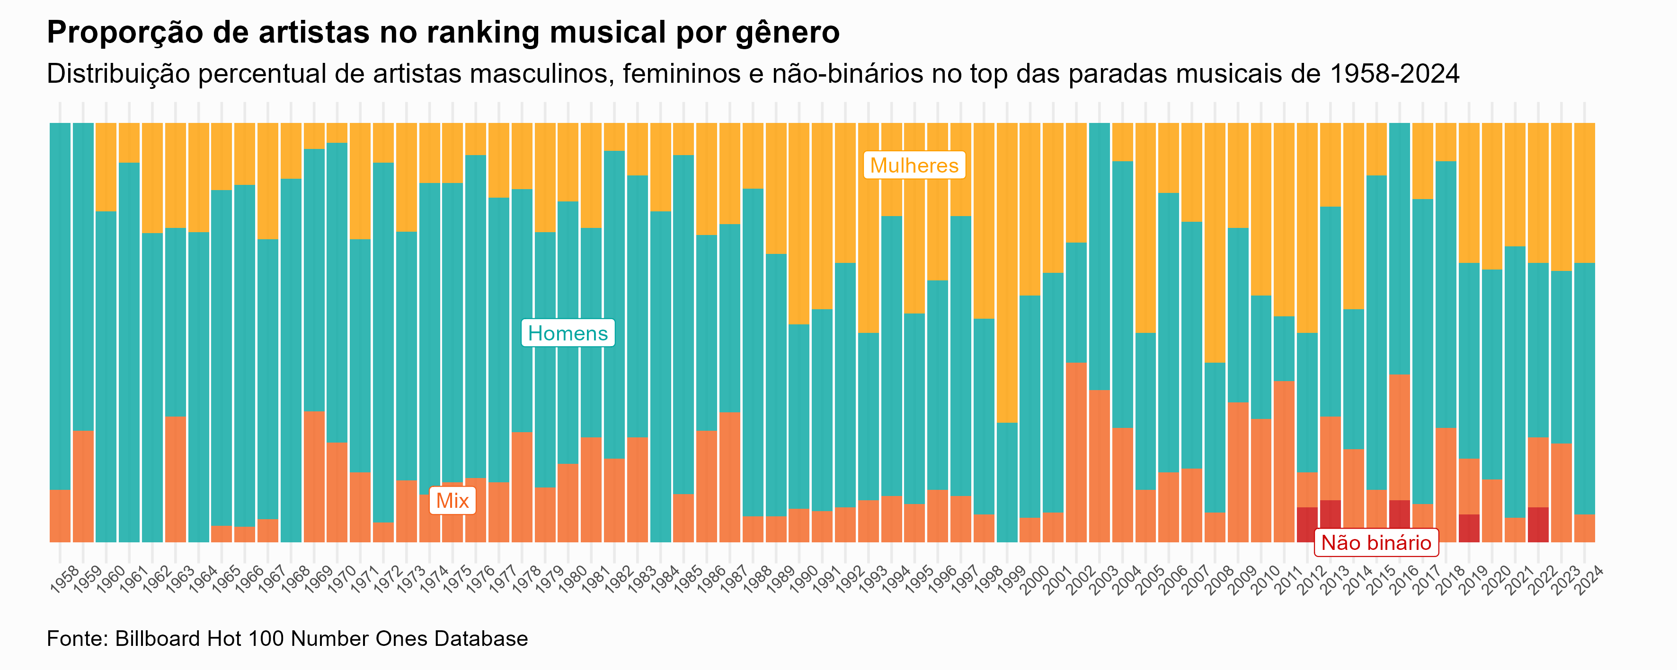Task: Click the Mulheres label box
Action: [914, 165]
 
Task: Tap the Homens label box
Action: [568, 333]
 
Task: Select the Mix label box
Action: [453, 501]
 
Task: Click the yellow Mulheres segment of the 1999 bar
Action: [1007, 273]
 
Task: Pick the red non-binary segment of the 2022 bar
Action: [1538, 524]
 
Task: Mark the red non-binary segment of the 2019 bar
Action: [1469, 528]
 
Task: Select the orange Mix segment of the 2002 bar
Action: [1076, 452]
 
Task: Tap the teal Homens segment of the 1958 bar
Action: [60, 306]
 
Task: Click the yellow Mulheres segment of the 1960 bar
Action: [106, 167]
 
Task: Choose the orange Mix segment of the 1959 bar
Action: [83, 486]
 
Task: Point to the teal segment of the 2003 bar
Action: [1099, 256]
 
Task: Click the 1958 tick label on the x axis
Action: [64, 580]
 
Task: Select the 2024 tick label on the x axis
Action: [1588, 580]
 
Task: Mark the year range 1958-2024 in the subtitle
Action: [1394, 74]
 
